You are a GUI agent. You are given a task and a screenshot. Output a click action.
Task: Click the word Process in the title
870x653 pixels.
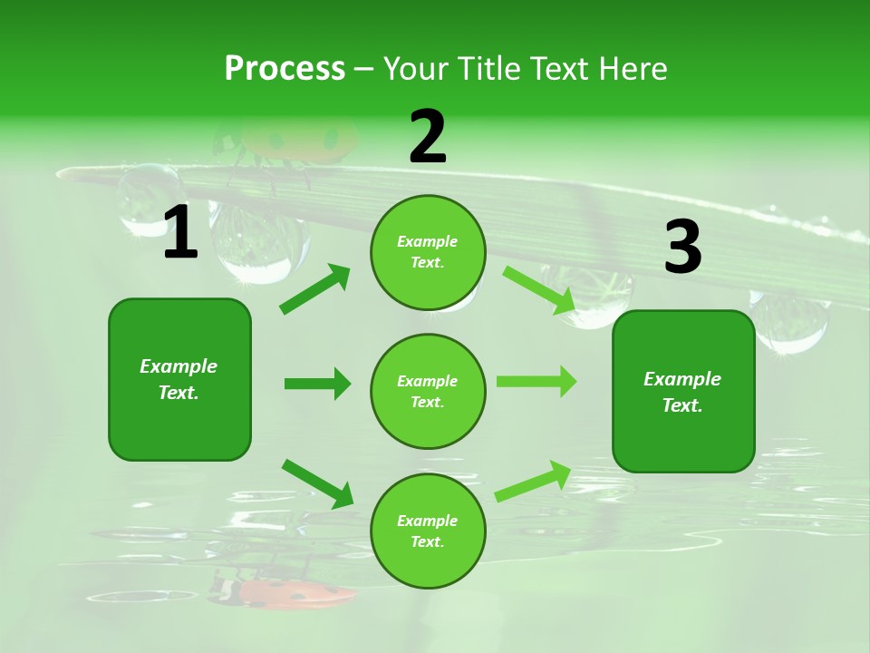tap(285, 68)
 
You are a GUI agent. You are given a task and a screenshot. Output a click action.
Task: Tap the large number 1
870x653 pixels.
tap(180, 233)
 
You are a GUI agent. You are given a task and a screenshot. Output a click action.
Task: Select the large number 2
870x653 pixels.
tap(428, 138)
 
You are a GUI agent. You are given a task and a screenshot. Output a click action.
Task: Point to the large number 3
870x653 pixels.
tap(682, 248)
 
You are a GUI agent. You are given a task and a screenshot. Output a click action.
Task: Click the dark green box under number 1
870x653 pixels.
tap(179, 379)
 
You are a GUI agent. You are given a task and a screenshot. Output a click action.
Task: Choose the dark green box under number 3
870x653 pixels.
tap(683, 392)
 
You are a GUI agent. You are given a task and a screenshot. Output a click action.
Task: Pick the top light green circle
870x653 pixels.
tap(427, 252)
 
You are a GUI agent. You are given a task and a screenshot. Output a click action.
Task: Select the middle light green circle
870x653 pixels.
tap(427, 392)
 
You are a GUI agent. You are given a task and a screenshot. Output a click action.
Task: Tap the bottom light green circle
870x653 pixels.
tap(427, 531)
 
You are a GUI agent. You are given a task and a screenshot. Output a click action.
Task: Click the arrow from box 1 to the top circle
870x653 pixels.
tap(314, 289)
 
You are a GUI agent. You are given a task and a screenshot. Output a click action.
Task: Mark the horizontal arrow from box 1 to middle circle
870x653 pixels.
tap(317, 384)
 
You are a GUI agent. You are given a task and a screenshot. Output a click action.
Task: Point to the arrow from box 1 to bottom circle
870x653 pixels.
tap(317, 483)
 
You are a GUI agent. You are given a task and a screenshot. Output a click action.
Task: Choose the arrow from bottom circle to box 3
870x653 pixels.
tap(533, 482)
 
